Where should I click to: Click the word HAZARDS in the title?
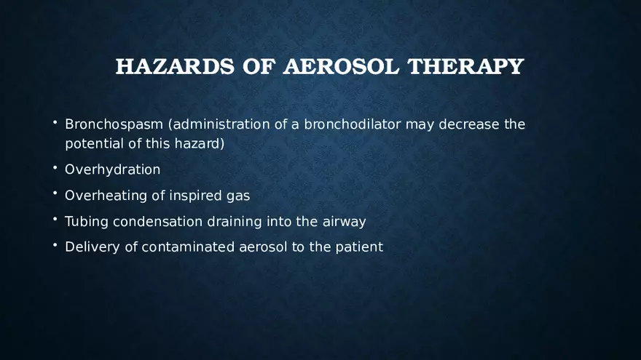(161, 66)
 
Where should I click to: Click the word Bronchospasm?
(114, 124)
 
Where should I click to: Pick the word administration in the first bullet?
(221, 124)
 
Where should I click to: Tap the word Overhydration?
(112, 169)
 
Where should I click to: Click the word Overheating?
(106, 196)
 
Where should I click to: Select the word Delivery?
(92, 247)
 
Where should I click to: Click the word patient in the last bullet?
(358, 247)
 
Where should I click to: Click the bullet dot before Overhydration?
(55, 168)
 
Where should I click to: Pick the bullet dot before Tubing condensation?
(55, 220)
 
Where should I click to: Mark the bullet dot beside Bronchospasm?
(55, 122)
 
